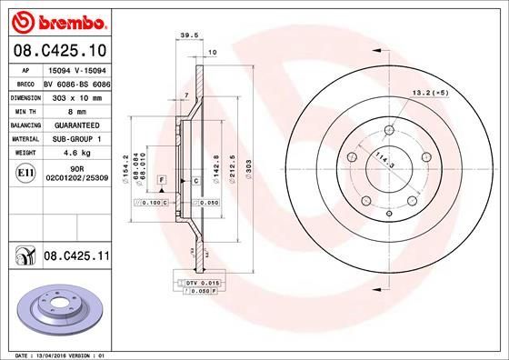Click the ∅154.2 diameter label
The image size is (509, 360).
(x=137, y=162)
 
